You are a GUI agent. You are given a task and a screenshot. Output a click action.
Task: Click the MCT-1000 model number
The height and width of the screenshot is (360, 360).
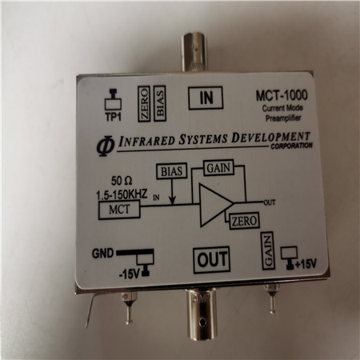coord(282,95)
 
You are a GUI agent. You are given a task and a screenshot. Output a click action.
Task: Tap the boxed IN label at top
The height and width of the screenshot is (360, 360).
coord(206,98)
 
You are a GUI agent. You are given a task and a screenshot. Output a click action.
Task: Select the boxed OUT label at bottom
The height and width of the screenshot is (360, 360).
coord(211,260)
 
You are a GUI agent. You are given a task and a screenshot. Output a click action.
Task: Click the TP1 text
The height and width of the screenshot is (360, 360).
coord(114,117)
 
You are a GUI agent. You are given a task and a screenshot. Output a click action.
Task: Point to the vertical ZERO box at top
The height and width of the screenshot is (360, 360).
coord(144,104)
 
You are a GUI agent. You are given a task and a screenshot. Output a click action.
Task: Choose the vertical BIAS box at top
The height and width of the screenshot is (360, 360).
coord(160,103)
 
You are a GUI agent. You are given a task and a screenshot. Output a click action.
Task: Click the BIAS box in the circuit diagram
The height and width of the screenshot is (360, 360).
coord(172,171)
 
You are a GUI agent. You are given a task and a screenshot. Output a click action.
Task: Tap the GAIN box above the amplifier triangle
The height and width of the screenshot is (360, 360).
coord(218,168)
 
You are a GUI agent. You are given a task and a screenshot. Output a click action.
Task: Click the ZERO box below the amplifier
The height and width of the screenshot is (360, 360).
coord(244,221)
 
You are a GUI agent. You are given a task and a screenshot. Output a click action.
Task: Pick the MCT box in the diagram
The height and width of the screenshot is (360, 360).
coord(119,210)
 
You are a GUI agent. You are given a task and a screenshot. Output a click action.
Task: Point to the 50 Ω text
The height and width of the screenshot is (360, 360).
coord(122,181)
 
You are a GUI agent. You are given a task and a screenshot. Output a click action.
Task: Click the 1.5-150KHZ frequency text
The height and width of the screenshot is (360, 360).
coord(122,194)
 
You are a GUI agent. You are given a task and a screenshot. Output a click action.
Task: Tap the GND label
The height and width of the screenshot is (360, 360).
coord(102,254)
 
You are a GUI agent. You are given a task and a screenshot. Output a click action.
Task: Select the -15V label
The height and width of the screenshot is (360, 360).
coord(130,274)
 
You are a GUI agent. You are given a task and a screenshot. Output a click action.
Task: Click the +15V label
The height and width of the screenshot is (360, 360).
coord(306,264)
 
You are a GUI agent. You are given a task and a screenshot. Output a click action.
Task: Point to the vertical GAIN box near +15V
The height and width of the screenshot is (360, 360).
coord(268,251)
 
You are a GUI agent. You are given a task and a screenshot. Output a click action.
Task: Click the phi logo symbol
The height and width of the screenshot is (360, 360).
coord(106,145)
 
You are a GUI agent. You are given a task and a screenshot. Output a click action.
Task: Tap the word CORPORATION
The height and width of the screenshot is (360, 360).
coord(291,146)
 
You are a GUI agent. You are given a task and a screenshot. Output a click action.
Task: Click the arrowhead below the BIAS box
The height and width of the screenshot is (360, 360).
coord(173,201)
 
